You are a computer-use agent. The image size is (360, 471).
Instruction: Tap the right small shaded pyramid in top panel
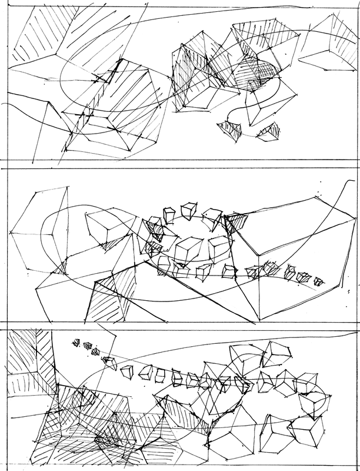coord(270,132)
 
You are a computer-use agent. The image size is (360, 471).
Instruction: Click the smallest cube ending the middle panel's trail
coord(319,281)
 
